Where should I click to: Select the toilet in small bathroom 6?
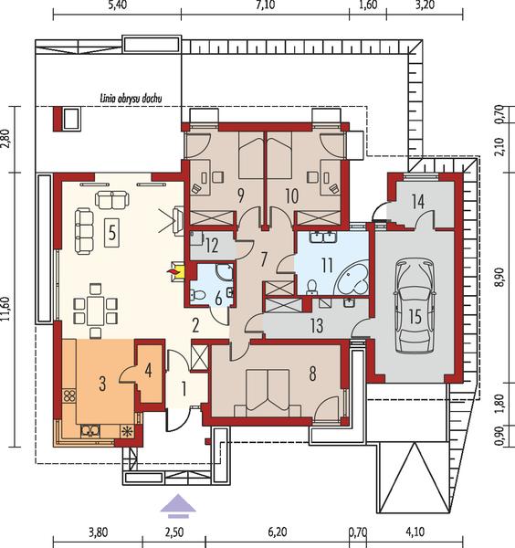click(198, 295)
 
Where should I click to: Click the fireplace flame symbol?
click(172, 271)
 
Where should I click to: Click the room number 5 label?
click(111, 233)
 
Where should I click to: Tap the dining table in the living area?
click(95, 311)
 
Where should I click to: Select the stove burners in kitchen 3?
click(69, 395)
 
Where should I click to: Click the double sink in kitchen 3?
click(90, 430)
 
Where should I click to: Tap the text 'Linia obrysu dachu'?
click(131, 99)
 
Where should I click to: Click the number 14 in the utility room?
click(418, 201)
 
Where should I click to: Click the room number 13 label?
click(317, 326)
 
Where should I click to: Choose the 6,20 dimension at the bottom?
click(278, 532)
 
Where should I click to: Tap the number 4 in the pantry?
click(149, 370)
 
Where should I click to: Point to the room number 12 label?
click(212, 246)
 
